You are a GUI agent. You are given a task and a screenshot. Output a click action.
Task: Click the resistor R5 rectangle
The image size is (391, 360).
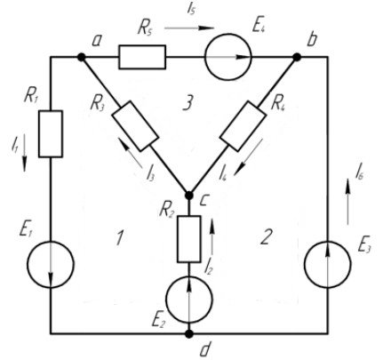pyautogui.click(x=142, y=57)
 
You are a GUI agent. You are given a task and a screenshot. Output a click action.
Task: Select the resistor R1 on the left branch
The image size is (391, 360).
pyautogui.click(x=51, y=133)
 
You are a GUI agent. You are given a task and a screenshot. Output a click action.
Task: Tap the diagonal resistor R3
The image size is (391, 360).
pyautogui.click(x=135, y=126)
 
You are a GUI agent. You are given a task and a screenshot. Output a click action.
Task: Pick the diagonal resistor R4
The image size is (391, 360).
pyautogui.click(x=243, y=126)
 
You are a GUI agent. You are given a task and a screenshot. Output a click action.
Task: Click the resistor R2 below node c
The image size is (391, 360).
pyautogui.click(x=189, y=239)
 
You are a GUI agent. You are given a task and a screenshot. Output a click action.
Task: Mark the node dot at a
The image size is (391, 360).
pyautogui.click(x=81, y=57)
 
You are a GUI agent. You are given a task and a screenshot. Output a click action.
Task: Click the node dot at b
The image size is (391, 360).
pyautogui.click(x=297, y=57)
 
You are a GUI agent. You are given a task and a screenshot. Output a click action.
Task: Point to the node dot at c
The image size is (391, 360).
pyautogui.click(x=189, y=195)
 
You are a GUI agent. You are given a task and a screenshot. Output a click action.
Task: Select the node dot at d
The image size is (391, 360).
pyautogui.click(x=189, y=334)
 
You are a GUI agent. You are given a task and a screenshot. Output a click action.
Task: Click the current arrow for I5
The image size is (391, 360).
pyautogui.click(x=189, y=28)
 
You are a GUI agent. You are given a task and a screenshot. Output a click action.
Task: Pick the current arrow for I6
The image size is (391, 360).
pyautogui.click(x=347, y=201)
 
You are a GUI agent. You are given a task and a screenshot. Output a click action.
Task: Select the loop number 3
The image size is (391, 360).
pyautogui.click(x=188, y=103)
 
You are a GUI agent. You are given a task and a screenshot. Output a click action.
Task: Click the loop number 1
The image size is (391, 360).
pyautogui.click(x=120, y=237)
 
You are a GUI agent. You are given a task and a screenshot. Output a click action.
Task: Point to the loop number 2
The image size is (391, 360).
pyautogui.click(x=265, y=237)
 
